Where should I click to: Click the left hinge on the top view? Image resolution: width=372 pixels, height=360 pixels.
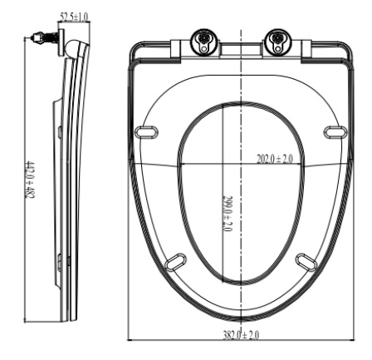pos(202,41)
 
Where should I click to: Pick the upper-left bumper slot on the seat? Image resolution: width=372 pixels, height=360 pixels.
pos(149,131)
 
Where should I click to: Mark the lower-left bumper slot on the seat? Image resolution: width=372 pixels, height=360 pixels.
pos(176,263)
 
